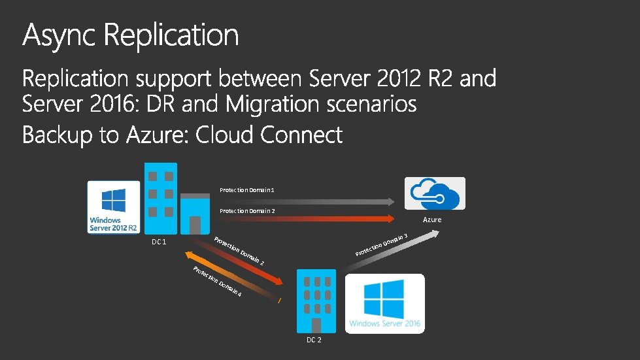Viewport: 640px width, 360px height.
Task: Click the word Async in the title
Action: click(x=60, y=35)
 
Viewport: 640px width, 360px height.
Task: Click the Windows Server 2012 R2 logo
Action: click(x=114, y=207)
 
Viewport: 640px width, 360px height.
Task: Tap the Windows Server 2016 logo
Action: click(x=385, y=303)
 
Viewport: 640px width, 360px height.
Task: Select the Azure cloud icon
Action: click(x=435, y=193)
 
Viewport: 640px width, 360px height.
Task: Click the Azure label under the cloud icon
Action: click(x=432, y=220)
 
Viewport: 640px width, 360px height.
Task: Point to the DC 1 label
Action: click(x=159, y=242)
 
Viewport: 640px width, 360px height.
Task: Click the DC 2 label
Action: click(x=314, y=340)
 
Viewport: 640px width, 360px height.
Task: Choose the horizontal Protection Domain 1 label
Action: click(x=247, y=190)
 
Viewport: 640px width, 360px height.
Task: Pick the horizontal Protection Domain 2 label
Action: click(x=247, y=211)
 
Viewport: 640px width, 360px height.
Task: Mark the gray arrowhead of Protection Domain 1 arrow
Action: click(x=391, y=201)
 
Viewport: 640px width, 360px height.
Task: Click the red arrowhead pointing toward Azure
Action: click(x=391, y=219)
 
